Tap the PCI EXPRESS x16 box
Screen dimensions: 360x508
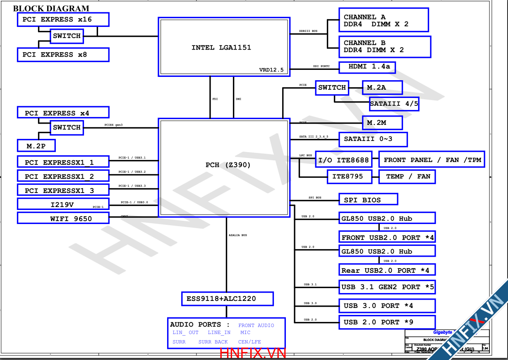[63, 19]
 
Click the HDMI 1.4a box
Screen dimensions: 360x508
[367, 67]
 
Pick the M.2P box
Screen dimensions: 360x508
[36, 146]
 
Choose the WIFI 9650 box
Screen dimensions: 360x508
[63, 218]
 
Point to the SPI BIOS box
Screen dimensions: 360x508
[368, 200]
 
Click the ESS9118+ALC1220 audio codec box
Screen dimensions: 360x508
[227, 299]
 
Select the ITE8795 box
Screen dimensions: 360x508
[347, 176]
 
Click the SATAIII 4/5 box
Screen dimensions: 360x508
[394, 104]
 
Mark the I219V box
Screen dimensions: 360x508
[63, 204]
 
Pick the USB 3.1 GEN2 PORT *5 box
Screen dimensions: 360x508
[387, 287]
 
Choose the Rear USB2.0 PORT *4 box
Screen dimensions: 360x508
[387, 270]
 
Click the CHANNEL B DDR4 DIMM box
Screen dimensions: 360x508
[384, 47]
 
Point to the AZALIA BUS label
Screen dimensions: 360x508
[238, 235]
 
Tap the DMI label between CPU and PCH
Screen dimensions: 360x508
[238, 99]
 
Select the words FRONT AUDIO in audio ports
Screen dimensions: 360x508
[256, 325]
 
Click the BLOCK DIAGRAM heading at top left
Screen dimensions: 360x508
[51, 8]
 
